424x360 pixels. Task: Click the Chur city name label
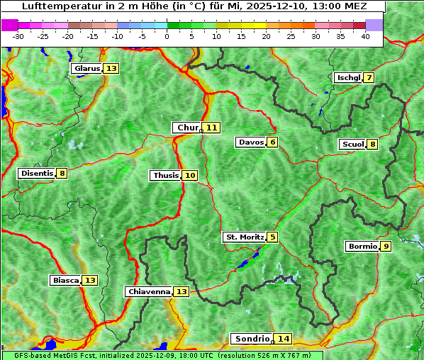(x=188, y=128)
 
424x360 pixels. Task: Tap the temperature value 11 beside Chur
(x=212, y=128)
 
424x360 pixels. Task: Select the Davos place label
(x=251, y=142)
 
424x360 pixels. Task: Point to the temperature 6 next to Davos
(x=272, y=142)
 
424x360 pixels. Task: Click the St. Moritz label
(x=244, y=237)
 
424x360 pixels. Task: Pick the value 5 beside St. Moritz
(x=272, y=237)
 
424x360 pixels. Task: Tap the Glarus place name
(x=87, y=69)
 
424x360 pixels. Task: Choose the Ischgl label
(x=348, y=77)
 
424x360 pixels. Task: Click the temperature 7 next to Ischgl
(x=369, y=77)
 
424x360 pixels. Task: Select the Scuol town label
(x=352, y=145)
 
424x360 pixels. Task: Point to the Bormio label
(x=362, y=247)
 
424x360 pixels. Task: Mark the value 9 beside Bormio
(x=385, y=247)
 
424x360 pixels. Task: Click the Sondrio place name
(x=252, y=339)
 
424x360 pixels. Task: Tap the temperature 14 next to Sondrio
(x=283, y=339)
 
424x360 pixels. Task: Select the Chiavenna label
(x=149, y=291)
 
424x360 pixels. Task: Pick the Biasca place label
(x=65, y=281)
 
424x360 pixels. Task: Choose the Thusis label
(x=165, y=175)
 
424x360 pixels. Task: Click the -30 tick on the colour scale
(x=18, y=35)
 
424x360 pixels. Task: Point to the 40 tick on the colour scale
(x=365, y=35)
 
